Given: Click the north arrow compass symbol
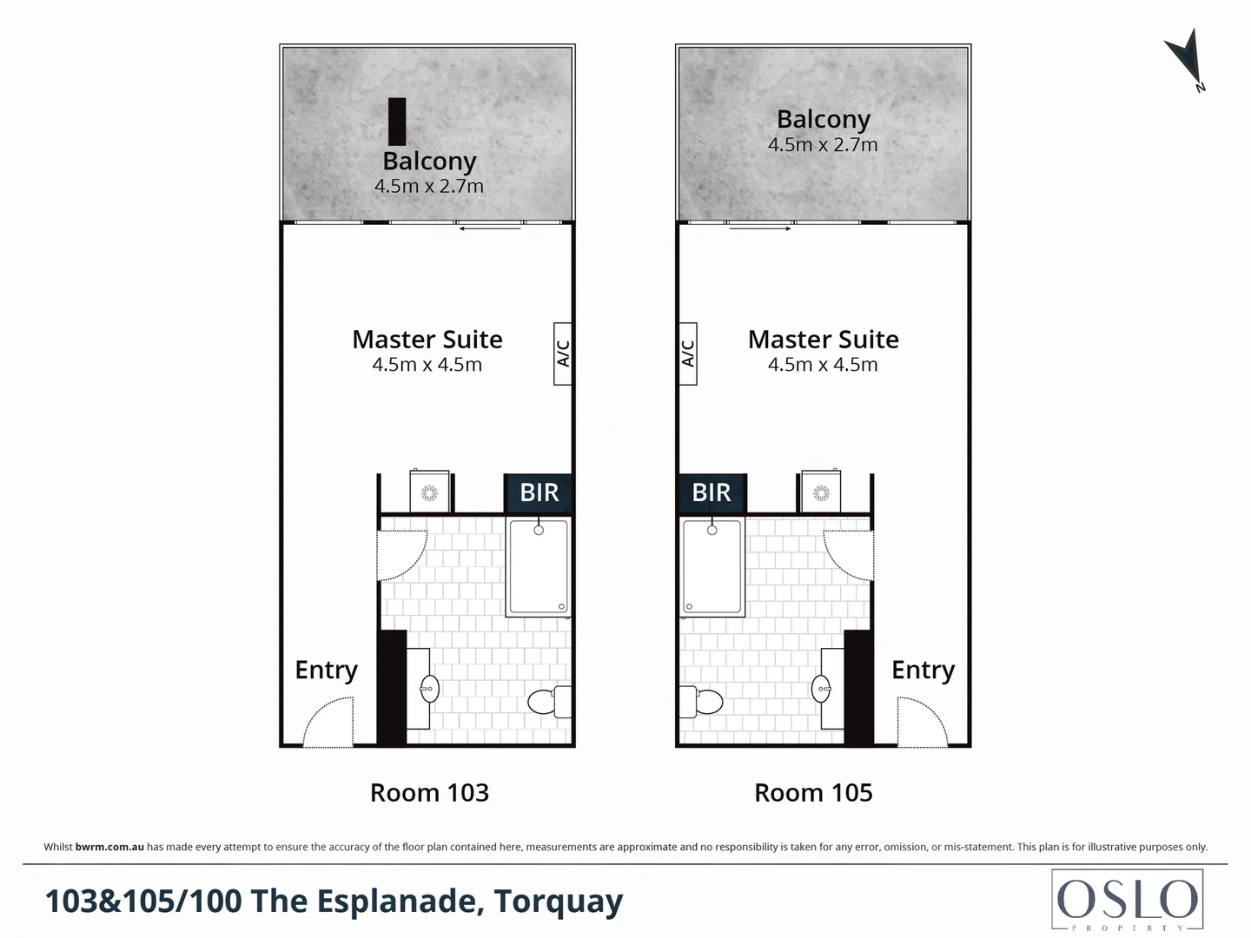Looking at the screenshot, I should tap(1184, 59).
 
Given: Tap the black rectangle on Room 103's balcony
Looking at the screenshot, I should tap(397, 121).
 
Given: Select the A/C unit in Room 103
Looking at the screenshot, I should tap(563, 353).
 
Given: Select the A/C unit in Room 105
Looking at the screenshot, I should tap(687, 353).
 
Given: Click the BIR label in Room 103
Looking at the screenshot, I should tap(539, 492).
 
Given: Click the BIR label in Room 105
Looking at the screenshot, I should tap(712, 492).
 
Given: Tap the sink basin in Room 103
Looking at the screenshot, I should tap(428, 689).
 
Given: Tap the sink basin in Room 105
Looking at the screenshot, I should tap(822, 690).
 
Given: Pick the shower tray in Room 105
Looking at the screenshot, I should tap(712, 567).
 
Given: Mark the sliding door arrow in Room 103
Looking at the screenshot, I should tap(490, 228).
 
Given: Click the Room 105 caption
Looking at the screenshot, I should tap(813, 793).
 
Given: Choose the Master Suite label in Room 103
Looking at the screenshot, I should tap(427, 340).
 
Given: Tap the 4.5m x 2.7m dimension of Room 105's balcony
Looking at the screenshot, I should tap(823, 145).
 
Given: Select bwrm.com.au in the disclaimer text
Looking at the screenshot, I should tap(109, 847).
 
